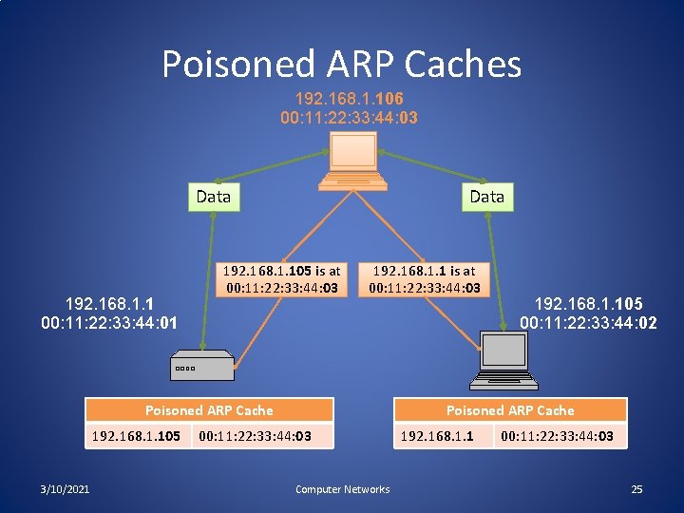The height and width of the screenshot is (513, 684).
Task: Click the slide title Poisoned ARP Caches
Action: pyautogui.click(x=341, y=65)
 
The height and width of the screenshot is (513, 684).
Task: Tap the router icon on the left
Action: pyautogui.click(x=201, y=365)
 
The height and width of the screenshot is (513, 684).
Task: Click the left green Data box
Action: pyautogui.click(x=213, y=197)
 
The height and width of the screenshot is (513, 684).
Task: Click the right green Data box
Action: pyautogui.click(x=486, y=197)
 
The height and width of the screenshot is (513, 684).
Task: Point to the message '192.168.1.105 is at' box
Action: pyautogui.click(x=281, y=279)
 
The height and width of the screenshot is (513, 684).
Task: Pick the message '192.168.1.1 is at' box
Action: pyautogui.click(x=424, y=279)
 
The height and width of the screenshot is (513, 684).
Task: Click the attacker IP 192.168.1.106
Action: pyautogui.click(x=349, y=99)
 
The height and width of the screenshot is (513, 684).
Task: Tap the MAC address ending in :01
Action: pyautogui.click(x=110, y=324)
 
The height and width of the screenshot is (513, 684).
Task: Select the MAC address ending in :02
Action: pyautogui.click(x=588, y=324)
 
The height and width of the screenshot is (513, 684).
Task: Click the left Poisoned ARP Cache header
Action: pyautogui.click(x=209, y=410)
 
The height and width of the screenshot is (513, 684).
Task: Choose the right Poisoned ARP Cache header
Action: pyautogui.click(x=510, y=410)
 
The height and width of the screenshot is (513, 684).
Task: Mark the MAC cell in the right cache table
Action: pyautogui.click(x=558, y=437)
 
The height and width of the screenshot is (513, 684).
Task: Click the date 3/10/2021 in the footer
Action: pyautogui.click(x=66, y=489)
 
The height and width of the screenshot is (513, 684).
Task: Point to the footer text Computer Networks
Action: pyautogui.click(x=342, y=489)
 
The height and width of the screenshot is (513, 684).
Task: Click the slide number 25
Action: pyautogui.click(x=636, y=489)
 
